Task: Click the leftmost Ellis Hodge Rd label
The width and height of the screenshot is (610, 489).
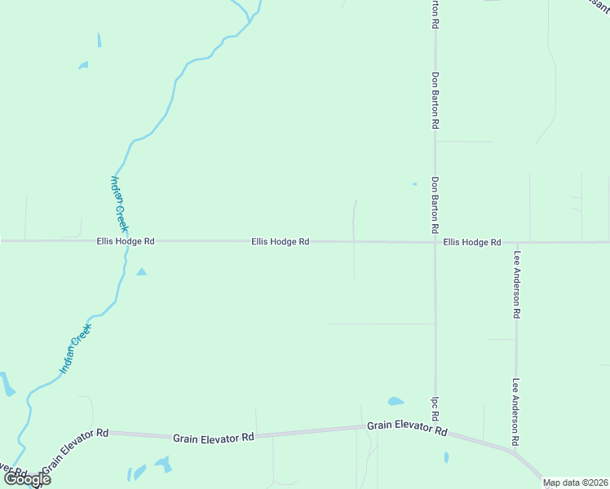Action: coord(125,241)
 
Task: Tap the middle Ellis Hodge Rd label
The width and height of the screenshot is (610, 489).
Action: coord(280,241)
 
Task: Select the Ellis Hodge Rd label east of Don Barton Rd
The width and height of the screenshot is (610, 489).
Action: coord(472,242)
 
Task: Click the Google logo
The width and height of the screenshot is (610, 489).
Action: coord(27,479)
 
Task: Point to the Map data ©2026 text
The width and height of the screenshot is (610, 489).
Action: coord(575,482)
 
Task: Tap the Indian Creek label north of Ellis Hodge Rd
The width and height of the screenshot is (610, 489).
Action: coord(120,204)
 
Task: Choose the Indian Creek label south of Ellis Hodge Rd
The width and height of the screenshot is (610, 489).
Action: coord(77,350)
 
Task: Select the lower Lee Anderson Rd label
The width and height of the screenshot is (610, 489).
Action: coord(516,412)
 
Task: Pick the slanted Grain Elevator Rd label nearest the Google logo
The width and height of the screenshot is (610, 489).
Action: coord(75,450)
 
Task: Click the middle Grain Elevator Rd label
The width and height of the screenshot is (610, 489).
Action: coord(213,438)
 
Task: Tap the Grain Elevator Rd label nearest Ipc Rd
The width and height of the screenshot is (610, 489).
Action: coord(407,427)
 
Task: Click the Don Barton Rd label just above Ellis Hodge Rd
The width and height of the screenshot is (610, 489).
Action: coord(435,200)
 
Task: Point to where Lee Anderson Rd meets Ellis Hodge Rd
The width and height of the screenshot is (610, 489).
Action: coord(516,243)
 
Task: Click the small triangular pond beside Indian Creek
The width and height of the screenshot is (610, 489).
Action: coord(141,271)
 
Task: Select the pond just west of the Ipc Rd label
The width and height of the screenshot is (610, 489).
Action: coord(396,401)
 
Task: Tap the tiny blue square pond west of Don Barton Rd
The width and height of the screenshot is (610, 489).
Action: coord(414,184)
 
